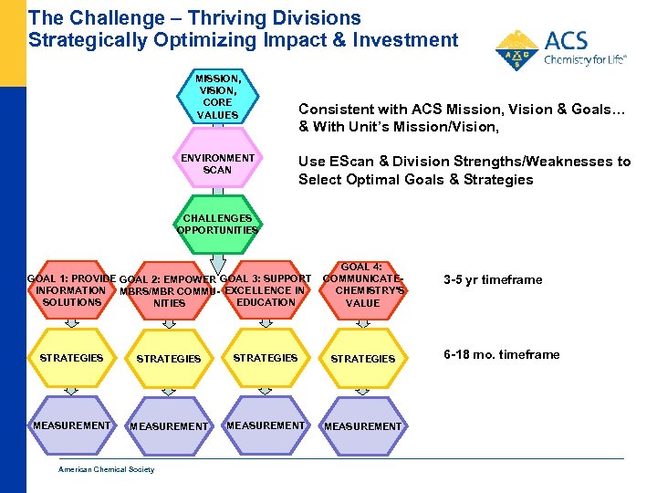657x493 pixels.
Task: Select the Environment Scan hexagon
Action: coord(217,164)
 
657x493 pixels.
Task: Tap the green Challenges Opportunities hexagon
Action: coord(217,225)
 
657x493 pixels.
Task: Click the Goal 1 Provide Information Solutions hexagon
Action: coord(71,290)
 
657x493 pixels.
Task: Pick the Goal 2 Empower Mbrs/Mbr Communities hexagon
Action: coord(169,291)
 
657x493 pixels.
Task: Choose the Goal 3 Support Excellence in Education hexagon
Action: coord(266,290)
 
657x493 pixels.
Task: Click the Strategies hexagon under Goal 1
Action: coord(71,358)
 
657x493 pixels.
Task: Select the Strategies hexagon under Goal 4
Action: coord(362,359)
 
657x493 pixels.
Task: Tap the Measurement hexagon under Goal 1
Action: coord(71,425)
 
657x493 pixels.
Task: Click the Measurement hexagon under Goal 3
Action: coord(266,425)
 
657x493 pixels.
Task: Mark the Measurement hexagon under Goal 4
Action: coord(362,426)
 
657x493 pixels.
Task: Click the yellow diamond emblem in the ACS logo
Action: coord(516,50)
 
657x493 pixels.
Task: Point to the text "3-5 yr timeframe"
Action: coord(492,280)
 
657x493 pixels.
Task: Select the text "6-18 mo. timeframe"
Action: coord(501,354)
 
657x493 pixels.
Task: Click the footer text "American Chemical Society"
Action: coord(107,470)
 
